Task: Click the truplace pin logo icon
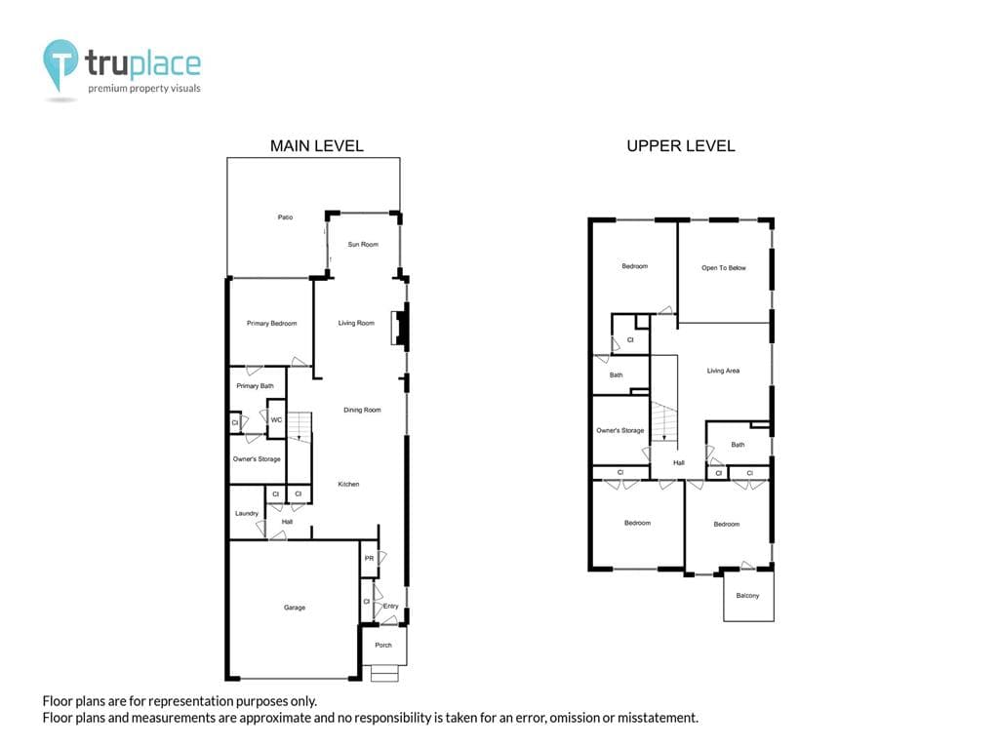60,63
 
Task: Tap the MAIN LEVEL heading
317,146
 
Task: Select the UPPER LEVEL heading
680,146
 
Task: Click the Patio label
285,217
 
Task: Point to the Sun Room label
363,245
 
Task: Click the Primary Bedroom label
271,324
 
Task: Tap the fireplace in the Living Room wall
399,328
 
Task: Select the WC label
276,420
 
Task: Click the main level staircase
299,427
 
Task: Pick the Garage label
295,608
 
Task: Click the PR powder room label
369,559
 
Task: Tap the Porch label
383,646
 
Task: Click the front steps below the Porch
384,673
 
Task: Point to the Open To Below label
724,268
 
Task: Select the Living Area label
723,371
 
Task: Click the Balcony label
747,596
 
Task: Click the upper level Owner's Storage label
619,430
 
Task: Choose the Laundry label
247,513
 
